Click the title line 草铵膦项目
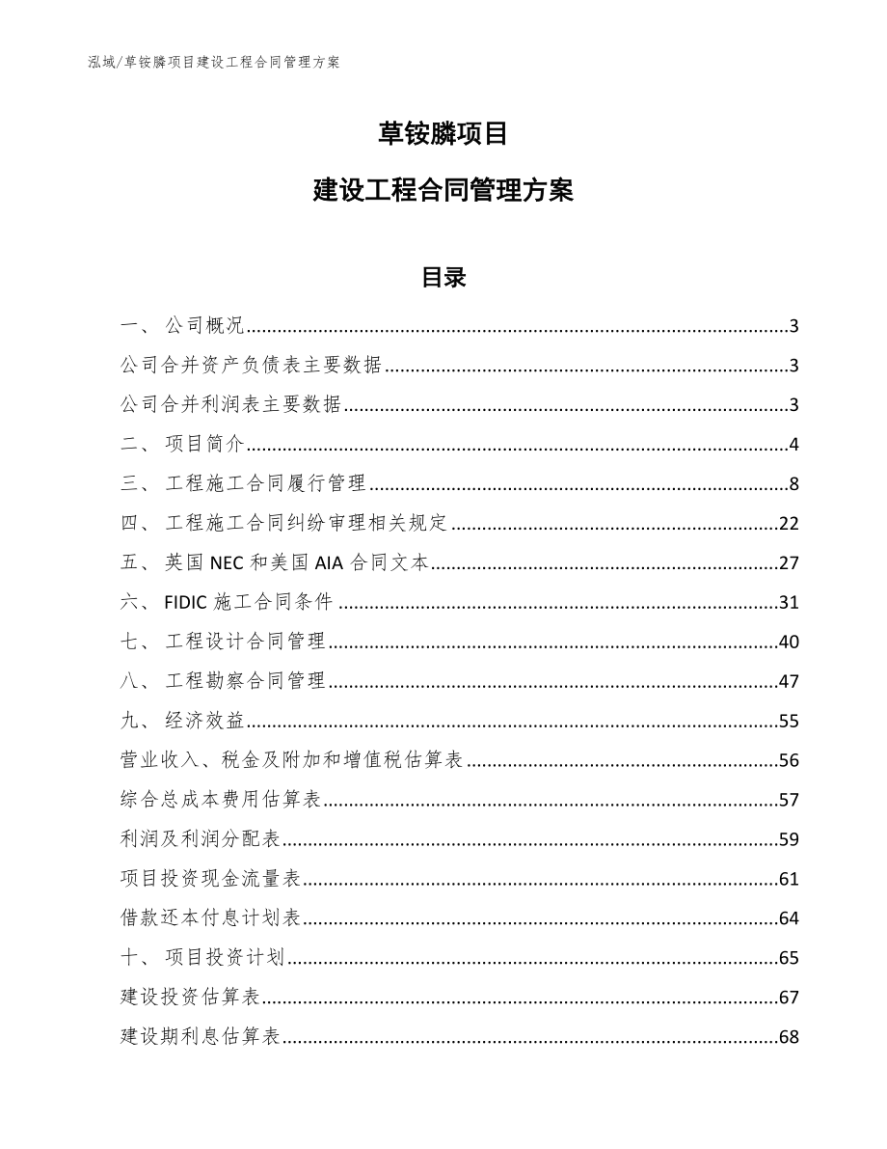(x=443, y=134)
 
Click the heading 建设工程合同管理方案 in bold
(x=443, y=191)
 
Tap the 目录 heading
(x=443, y=278)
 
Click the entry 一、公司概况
(x=183, y=326)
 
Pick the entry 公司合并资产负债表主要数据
(x=252, y=366)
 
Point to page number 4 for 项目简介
(x=793, y=445)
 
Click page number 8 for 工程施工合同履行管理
(x=793, y=484)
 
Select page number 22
(x=789, y=524)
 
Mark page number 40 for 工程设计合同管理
(x=789, y=643)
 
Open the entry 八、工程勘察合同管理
(x=224, y=682)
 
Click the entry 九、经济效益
(x=183, y=722)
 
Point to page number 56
(x=789, y=761)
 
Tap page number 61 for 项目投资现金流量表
(x=789, y=879)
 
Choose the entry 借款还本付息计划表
(x=212, y=918)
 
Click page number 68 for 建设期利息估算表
(x=789, y=1037)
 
